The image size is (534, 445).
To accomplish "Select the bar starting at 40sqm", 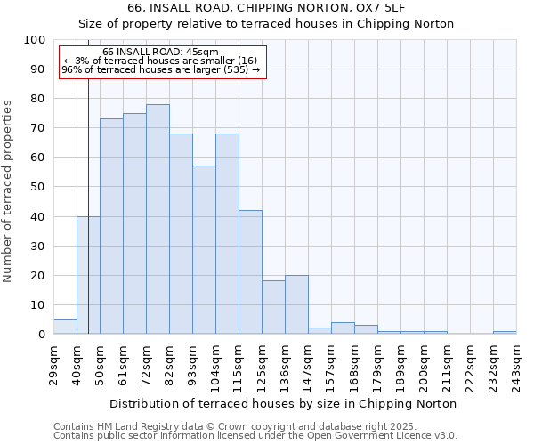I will (88, 275).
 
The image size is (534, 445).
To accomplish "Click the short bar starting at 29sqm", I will (65, 327).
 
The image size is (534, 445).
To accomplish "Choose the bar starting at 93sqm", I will (204, 250).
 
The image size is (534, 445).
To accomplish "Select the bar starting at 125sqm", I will (273, 307).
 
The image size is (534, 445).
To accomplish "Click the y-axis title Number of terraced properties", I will (9, 190).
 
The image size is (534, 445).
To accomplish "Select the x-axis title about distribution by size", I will (282, 403).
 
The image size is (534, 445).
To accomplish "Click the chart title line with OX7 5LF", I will (266, 8).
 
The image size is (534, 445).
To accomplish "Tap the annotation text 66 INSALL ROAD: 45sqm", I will (160, 53).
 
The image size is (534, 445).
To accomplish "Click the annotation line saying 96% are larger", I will (160, 69).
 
